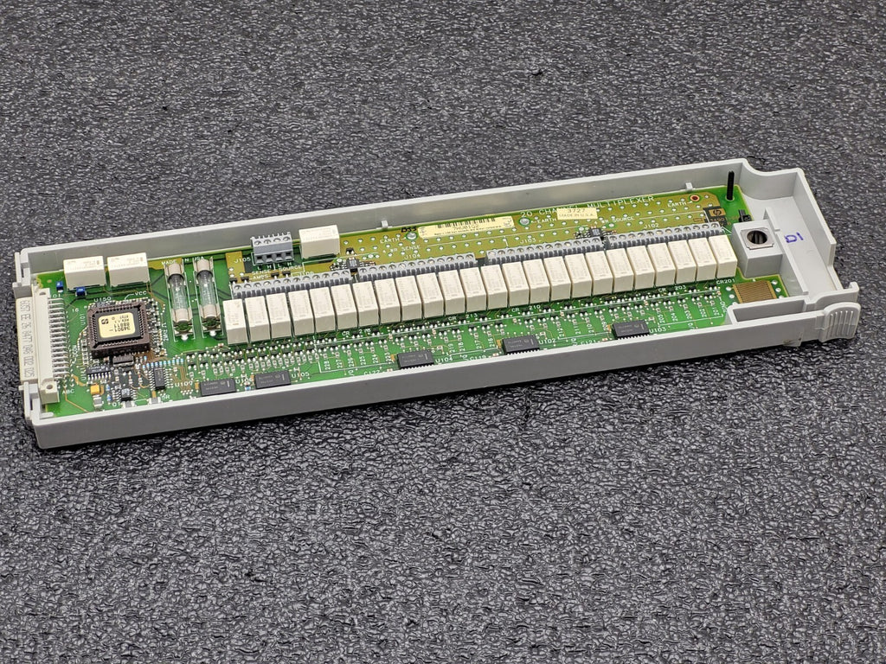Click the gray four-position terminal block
(271, 248)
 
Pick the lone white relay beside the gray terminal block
(319, 240)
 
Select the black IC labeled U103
(631, 329)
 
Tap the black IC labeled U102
(521, 344)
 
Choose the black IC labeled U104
(415, 359)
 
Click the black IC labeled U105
(272, 379)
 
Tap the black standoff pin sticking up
(730, 186)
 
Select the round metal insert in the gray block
(755, 237)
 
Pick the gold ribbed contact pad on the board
(752, 289)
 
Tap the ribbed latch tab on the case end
(838, 322)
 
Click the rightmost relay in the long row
(722, 256)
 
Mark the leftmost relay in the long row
(235, 321)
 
